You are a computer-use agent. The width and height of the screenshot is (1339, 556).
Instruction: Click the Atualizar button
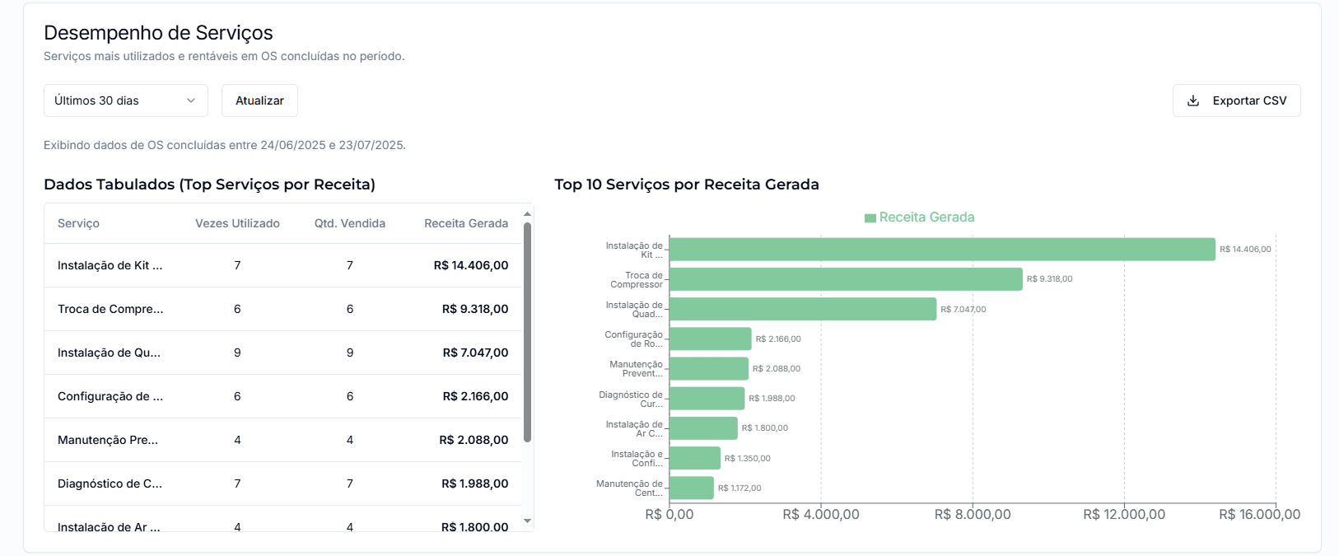[x=259, y=100]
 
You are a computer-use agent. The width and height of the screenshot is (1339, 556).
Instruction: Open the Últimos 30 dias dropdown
[x=125, y=100]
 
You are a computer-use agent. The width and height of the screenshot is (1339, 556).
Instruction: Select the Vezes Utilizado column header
[x=237, y=223]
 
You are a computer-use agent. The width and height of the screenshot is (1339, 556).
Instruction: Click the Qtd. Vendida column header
[x=349, y=223]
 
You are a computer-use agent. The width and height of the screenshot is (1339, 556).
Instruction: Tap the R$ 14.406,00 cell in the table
[x=470, y=265]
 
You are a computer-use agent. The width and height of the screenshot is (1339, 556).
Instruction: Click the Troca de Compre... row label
[x=110, y=309]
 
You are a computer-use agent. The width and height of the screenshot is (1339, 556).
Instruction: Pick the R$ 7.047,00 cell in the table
[x=475, y=353]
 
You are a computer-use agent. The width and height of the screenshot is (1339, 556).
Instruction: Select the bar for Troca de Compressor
[x=845, y=279]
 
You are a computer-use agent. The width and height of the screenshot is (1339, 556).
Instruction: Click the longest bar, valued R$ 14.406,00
[x=941, y=250]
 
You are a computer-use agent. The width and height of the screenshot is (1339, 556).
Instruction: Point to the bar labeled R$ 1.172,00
[x=691, y=488]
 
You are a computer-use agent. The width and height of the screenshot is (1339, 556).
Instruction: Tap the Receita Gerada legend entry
[x=919, y=217]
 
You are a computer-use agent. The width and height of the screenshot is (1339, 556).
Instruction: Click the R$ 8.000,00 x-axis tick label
[x=972, y=514]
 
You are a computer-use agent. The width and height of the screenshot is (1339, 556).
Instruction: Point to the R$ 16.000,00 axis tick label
[x=1259, y=514]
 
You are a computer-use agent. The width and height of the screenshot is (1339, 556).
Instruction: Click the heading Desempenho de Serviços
[x=158, y=33]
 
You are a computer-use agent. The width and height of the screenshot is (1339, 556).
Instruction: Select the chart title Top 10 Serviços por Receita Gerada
[x=686, y=185]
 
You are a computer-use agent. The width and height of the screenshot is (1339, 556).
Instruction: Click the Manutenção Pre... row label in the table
[x=107, y=440]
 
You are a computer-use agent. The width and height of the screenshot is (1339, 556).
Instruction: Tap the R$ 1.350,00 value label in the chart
[x=747, y=458]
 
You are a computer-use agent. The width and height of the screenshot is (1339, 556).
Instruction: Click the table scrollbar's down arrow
[x=527, y=521]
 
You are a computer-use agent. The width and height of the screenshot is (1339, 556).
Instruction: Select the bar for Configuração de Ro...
[x=710, y=339]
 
